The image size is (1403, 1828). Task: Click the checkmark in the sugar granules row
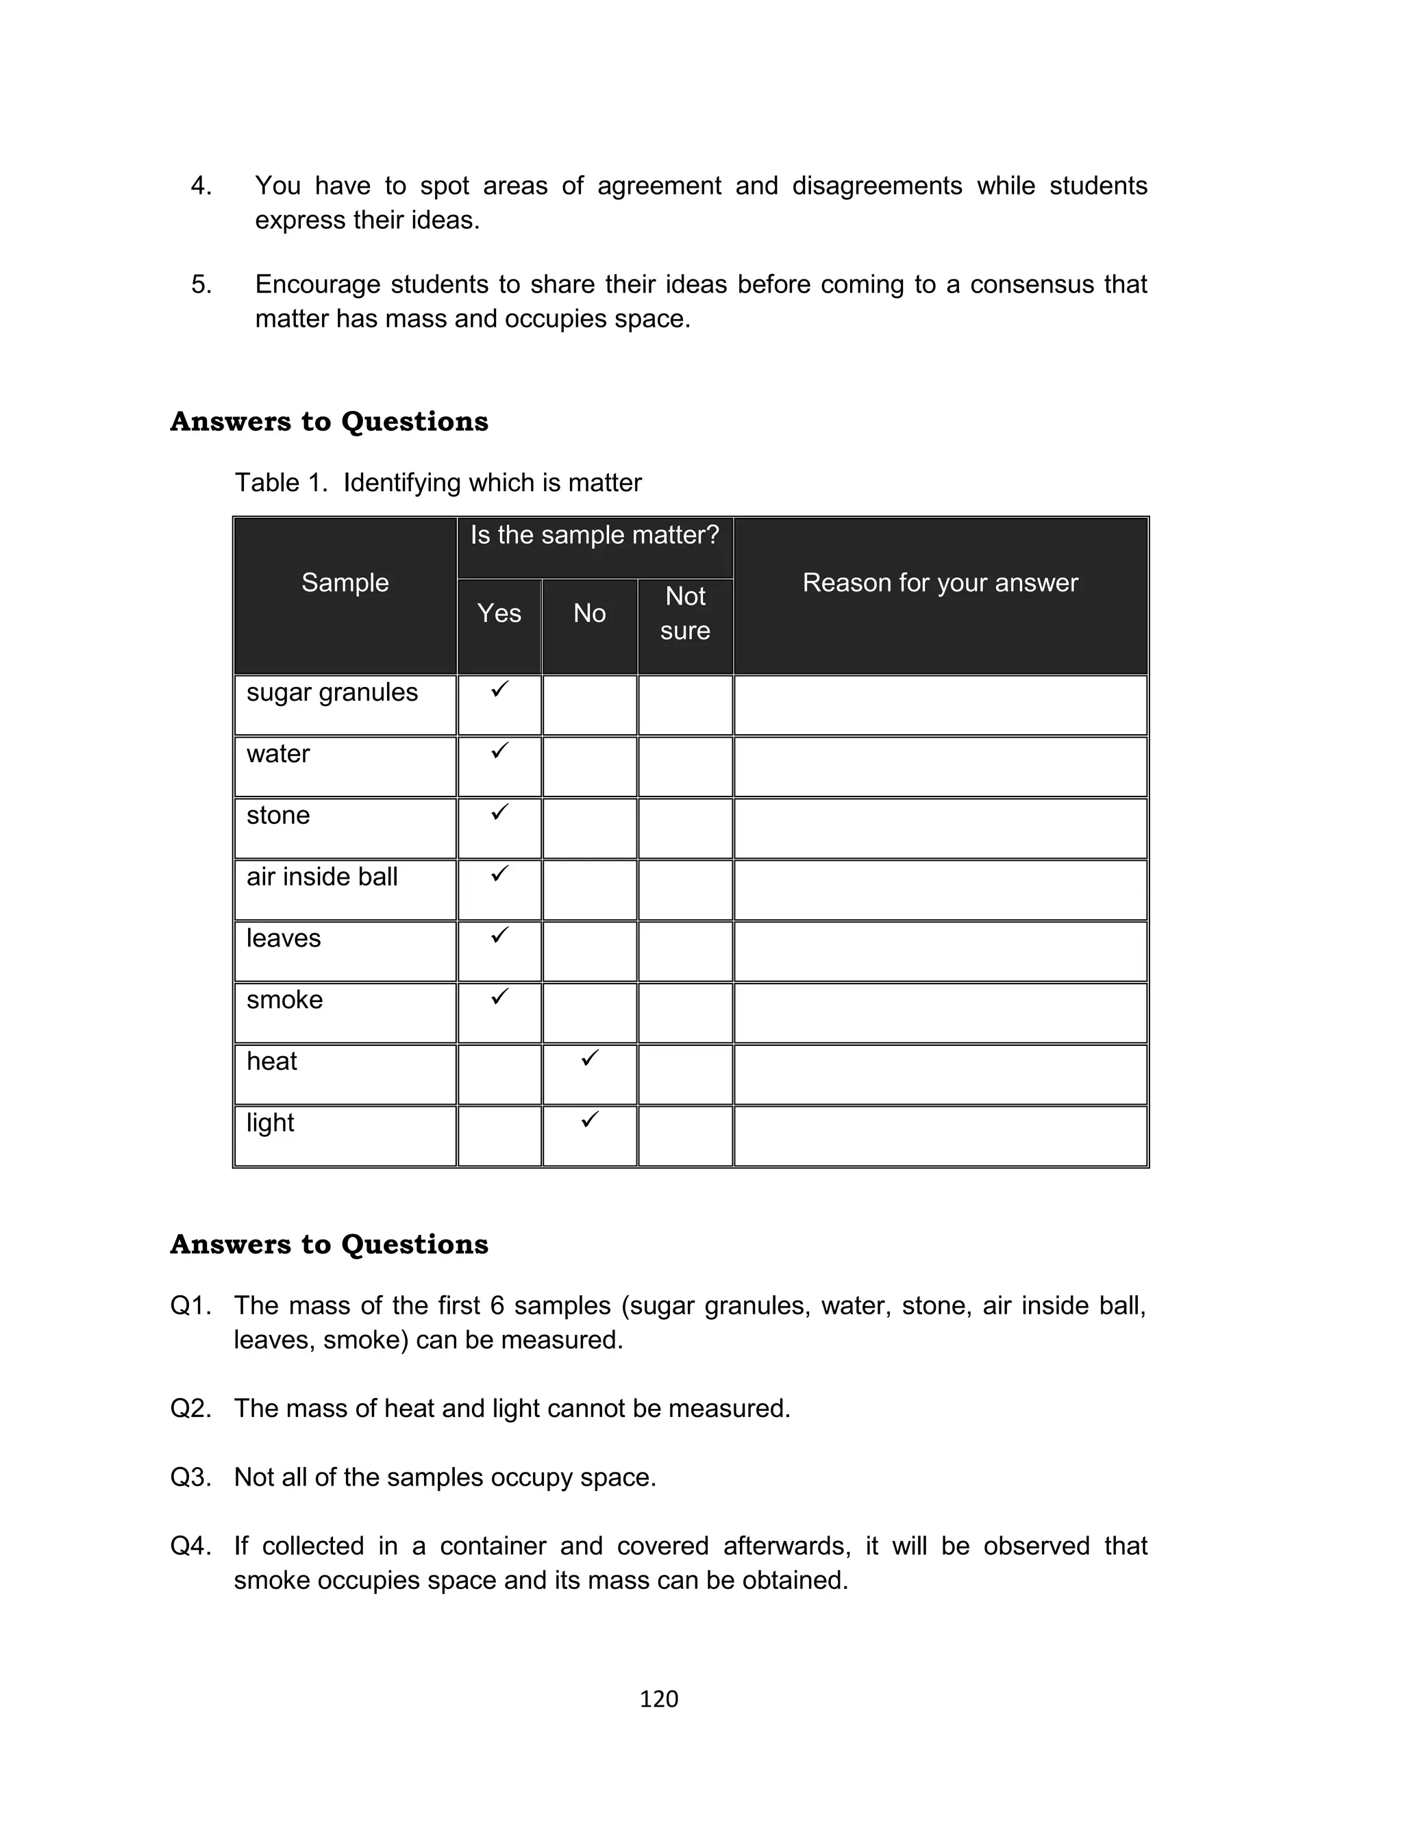[499, 690]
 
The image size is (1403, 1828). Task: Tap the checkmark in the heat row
[590, 1058]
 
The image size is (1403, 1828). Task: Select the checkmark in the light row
[590, 1119]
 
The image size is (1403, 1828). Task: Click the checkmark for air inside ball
[499, 874]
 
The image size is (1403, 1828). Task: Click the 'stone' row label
[277, 816]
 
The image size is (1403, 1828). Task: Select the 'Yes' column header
[499, 614]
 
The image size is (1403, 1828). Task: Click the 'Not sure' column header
[685, 614]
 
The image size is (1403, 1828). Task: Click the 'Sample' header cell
[345, 583]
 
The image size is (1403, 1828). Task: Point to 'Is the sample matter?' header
[594, 535]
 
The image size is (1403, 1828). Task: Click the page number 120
[658, 1699]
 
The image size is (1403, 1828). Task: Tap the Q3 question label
[190, 1477]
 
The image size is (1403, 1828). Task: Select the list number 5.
[201, 285]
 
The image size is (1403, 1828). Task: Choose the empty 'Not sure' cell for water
[685, 766]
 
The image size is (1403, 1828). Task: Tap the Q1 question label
[190, 1305]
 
